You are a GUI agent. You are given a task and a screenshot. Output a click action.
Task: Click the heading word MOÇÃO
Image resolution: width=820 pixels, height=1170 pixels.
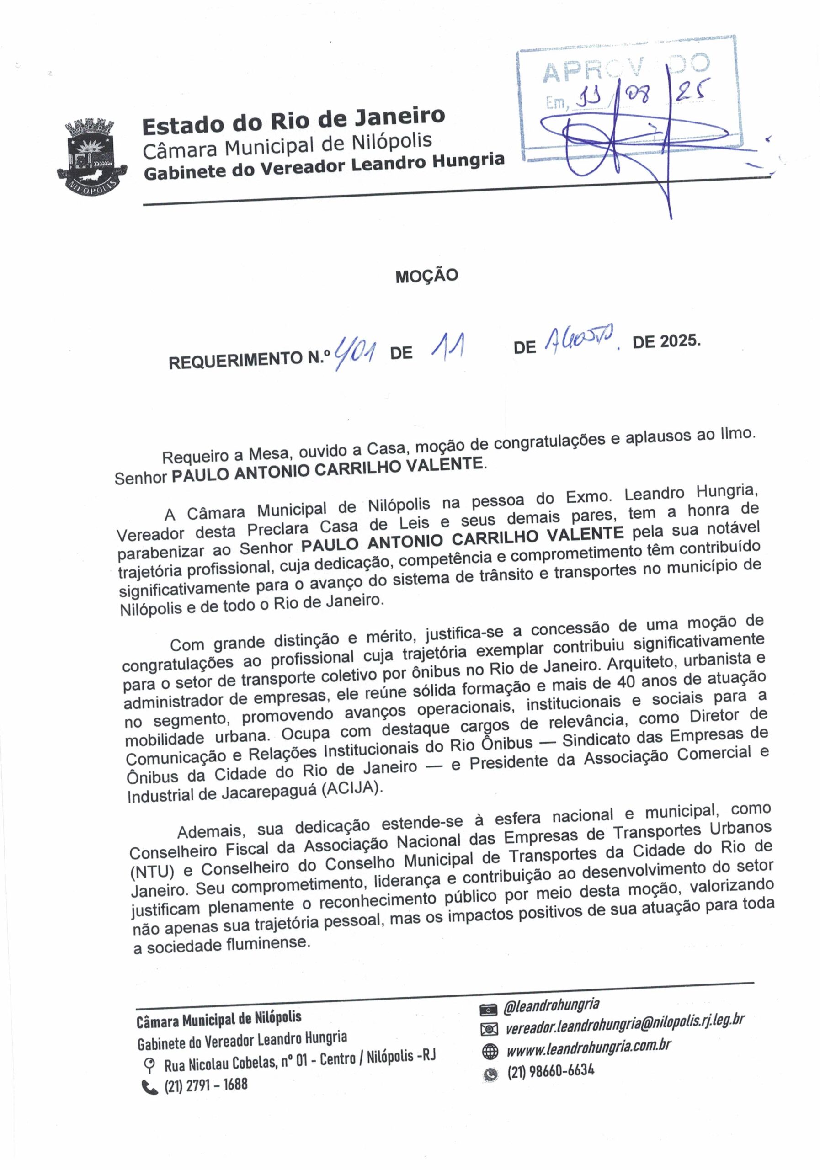click(x=426, y=276)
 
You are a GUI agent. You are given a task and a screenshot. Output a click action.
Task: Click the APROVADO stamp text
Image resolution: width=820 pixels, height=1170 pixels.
click(x=626, y=70)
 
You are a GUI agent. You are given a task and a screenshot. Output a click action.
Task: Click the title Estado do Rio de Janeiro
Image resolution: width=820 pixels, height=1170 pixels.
click(x=293, y=121)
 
